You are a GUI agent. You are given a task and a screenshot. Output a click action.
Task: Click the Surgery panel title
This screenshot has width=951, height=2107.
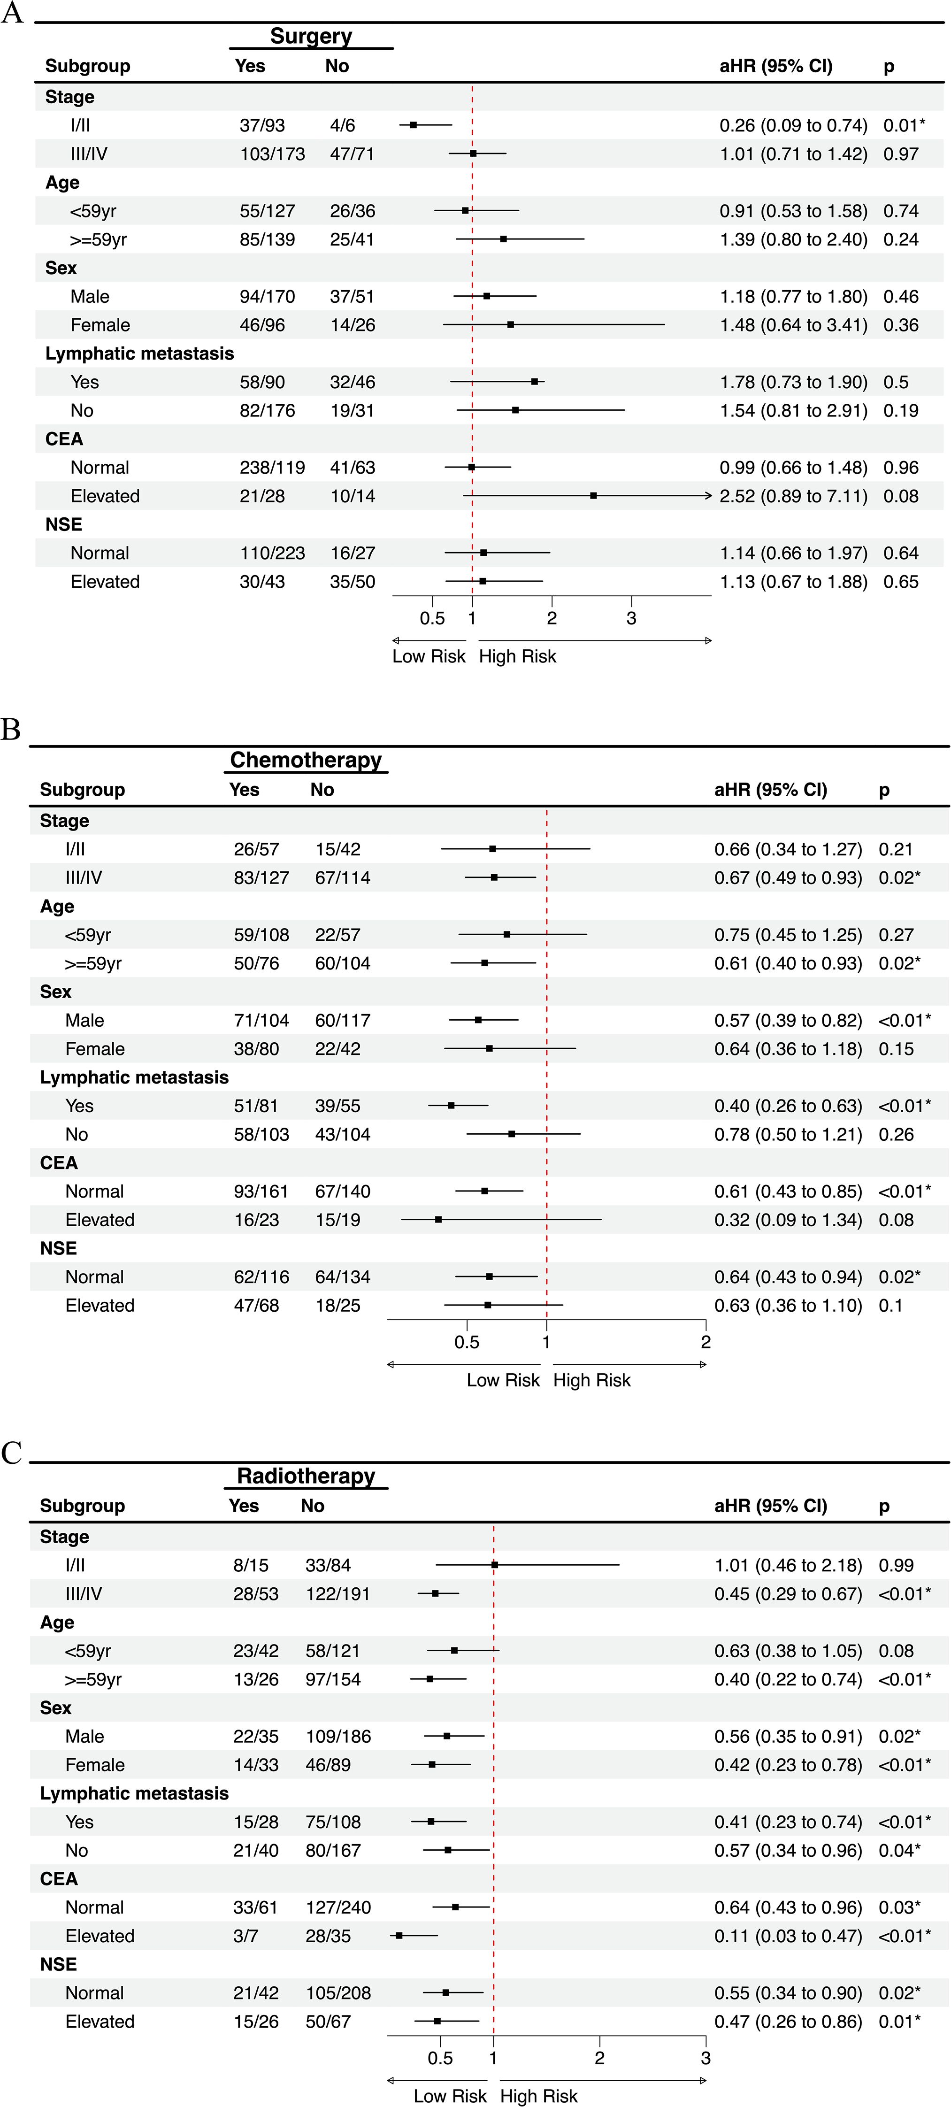tap(311, 36)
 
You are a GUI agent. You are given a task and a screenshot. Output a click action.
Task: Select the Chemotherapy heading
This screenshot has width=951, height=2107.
tap(306, 760)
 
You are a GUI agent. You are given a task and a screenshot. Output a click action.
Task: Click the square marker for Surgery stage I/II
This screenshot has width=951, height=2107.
tap(414, 125)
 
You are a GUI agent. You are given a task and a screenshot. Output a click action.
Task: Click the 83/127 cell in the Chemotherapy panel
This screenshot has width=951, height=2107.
tap(261, 877)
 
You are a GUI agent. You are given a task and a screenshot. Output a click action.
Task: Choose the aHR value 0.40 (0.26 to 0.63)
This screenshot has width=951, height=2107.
tap(788, 1106)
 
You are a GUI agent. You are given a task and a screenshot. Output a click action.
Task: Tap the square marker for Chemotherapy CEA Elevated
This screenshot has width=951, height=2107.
tap(438, 1220)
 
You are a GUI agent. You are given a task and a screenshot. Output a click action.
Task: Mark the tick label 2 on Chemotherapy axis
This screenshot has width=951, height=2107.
tap(706, 1342)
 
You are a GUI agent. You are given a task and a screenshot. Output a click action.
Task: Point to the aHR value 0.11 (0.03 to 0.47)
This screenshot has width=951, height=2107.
tap(788, 1936)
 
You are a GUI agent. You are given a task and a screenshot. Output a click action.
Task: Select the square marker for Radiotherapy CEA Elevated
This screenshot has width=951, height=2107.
tap(399, 1935)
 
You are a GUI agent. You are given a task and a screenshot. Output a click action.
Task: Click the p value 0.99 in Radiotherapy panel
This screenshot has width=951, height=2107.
tap(896, 1566)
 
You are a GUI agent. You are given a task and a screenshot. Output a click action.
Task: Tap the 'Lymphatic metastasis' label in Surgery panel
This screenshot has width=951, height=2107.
tap(139, 354)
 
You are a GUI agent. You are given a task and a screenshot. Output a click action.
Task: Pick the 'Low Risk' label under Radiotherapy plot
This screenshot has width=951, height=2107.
tap(450, 2096)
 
